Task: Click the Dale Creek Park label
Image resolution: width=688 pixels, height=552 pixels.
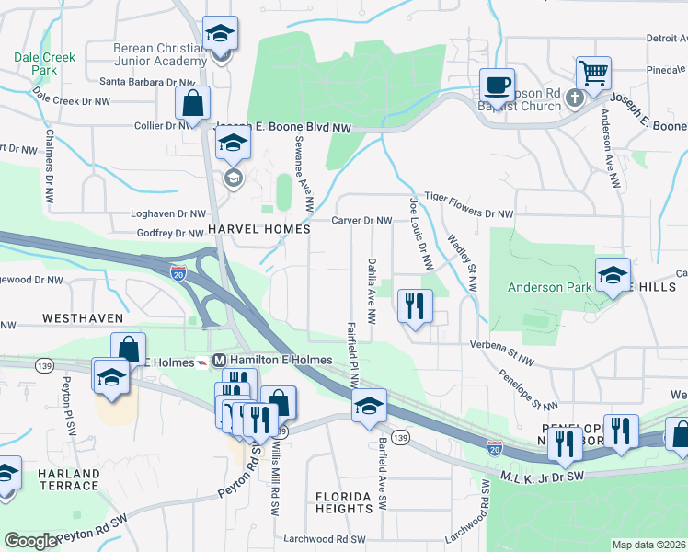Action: tap(44, 63)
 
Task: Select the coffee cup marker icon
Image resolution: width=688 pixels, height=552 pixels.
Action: tap(498, 86)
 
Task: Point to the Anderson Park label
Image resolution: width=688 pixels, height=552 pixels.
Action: tap(550, 287)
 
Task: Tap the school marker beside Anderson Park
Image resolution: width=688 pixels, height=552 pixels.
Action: tap(613, 274)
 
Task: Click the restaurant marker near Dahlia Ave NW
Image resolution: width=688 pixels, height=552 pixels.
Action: tap(415, 304)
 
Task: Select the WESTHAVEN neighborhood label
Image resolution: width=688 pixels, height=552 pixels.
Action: tap(82, 317)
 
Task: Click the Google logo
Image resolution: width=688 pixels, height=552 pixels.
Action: tap(30, 540)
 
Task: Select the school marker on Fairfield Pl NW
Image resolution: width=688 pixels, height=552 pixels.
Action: tap(368, 405)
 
